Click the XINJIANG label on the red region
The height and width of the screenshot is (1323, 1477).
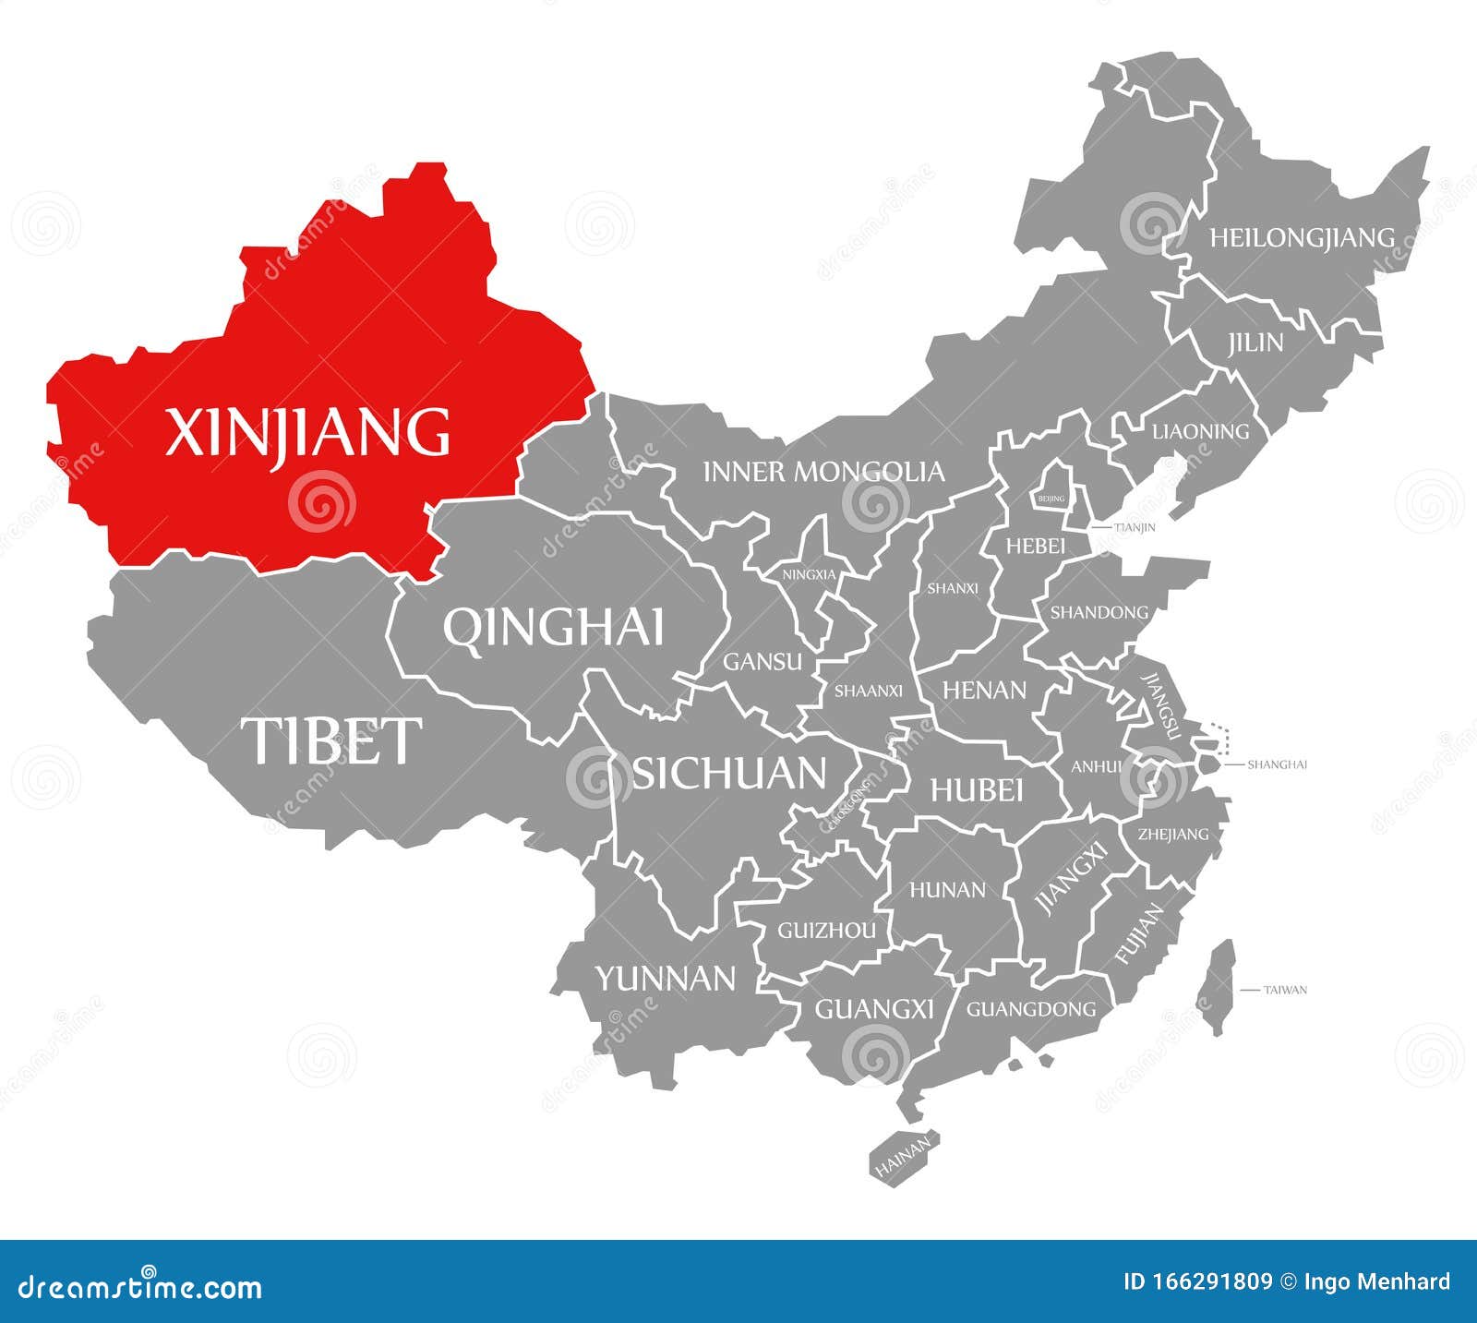coord(307,433)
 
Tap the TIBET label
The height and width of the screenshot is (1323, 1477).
coord(330,740)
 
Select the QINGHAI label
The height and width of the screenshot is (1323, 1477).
coord(553,628)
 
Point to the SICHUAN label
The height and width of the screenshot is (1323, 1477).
coord(728,774)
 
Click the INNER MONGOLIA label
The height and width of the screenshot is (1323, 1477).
coord(823,473)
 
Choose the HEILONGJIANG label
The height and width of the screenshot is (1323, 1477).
coord(1302,238)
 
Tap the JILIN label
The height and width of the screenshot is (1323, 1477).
coord(1255,343)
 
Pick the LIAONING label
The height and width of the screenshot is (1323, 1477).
coord(1200,431)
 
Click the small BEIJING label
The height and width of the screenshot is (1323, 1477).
coord(1051,499)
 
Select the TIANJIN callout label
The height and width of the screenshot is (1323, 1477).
coord(1135,528)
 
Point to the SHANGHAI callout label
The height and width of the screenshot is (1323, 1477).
coord(1277,764)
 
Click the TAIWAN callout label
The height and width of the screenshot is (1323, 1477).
coord(1285,990)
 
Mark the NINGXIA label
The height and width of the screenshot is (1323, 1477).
coord(809,574)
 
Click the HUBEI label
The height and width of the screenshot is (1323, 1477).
coord(976,790)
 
